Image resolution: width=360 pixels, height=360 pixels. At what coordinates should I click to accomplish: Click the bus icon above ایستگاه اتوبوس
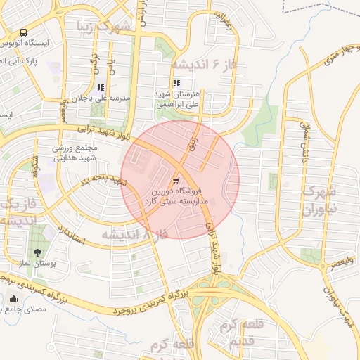pos(24,33)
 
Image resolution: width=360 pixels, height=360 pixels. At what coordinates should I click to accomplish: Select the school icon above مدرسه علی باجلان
pos(101,87)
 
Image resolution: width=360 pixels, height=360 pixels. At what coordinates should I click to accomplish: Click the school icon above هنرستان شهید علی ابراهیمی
pos(176,83)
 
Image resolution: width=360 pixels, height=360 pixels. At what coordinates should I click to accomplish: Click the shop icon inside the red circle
pos(174,179)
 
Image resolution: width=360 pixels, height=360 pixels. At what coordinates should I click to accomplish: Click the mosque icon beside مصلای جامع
pos(13,298)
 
